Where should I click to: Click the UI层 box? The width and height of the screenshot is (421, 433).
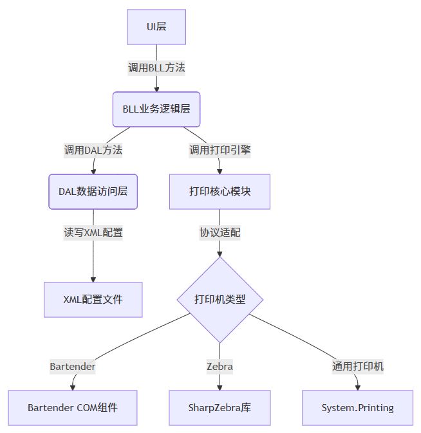[156, 27]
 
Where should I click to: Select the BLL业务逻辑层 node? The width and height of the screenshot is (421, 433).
[156, 109]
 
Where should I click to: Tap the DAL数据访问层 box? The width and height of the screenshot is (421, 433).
[93, 191]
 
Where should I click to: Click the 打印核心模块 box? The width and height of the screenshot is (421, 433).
[220, 191]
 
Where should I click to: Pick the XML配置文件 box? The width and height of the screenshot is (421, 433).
[93, 299]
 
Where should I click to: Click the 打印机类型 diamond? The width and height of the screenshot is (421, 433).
[220, 299]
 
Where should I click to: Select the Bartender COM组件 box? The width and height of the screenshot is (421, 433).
[73, 407]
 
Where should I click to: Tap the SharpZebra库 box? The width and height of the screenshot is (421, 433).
[220, 407]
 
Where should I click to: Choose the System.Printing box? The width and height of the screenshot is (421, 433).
[357, 407]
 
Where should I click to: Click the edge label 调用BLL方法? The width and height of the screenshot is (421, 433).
[156, 68]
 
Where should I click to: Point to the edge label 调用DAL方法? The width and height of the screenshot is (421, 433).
[93, 151]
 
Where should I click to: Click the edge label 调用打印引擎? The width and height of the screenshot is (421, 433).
[220, 151]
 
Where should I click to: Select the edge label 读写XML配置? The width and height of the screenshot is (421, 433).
[93, 232]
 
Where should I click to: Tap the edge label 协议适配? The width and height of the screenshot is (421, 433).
[220, 232]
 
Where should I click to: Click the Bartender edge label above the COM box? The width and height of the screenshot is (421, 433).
[73, 367]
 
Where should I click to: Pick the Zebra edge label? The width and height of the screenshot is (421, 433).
[220, 367]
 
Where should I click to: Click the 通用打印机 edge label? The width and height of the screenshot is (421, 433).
[357, 367]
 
